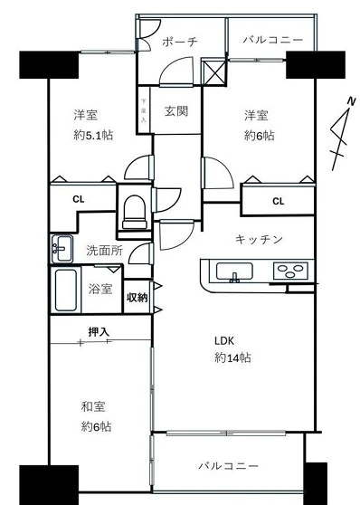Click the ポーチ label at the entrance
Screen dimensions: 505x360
[x=180, y=43]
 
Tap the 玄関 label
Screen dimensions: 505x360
[x=175, y=111]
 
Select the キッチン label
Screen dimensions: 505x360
[x=259, y=239]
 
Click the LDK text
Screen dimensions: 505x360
[x=224, y=341]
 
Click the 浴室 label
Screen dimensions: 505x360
[x=100, y=289]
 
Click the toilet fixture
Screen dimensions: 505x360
[x=135, y=212]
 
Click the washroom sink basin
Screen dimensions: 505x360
[x=62, y=245]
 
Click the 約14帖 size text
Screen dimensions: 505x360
[x=232, y=357]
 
